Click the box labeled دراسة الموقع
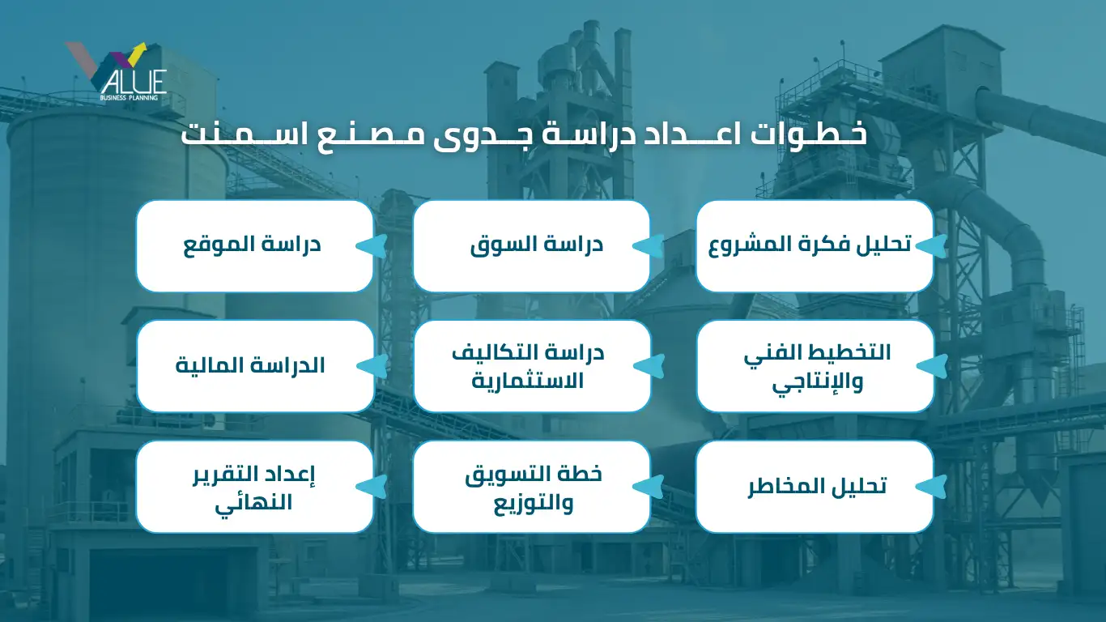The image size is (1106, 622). pyautogui.click(x=254, y=245)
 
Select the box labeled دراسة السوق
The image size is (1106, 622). pyautogui.click(x=531, y=245)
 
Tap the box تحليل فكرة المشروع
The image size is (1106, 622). pyautogui.click(x=815, y=245)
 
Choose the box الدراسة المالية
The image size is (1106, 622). pyautogui.click(x=255, y=365)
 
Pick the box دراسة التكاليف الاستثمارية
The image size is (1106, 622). pyautogui.click(x=532, y=365)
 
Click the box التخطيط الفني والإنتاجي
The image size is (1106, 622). pyautogui.click(x=815, y=365)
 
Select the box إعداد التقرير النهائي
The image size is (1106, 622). pyautogui.click(x=254, y=487)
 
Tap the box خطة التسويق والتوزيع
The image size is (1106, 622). pyautogui.click(x=531, y=487)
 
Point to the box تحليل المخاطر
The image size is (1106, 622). pyautogui.click(x=815, y=487)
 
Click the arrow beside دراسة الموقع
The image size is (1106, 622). pyautogui.click(x=372, y=246)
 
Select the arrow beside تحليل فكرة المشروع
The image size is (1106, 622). pyautogui.click(x=931, y=246)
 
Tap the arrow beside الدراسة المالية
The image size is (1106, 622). pyautogui.click(x=372, y=366)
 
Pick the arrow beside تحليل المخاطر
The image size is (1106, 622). pyautogui.click(x=931, y=487)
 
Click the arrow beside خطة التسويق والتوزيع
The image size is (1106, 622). pyautogui.click(x=649, y=487)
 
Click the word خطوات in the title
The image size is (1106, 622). pyautogui.click(x=808, y=134)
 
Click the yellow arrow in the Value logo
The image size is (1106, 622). pyautogui.click(x=136, y=53)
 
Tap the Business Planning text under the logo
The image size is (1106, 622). pyautogui.click(x=129, y=98)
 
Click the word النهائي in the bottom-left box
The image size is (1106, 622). pyautogui.click(x=253, y=504)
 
